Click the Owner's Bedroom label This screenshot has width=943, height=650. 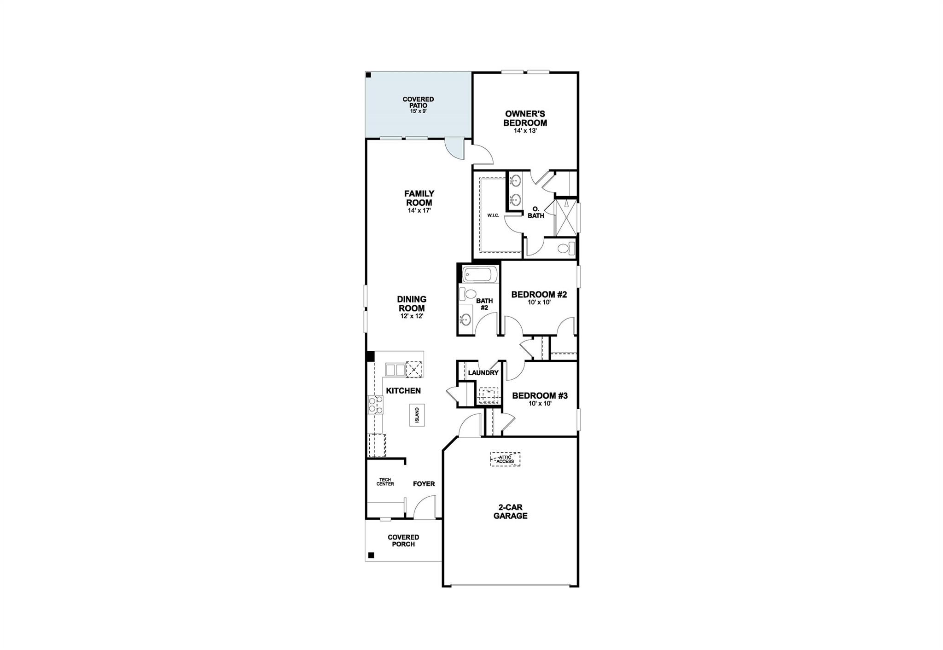pos(525,118)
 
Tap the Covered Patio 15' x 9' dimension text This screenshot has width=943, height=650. pos(418,111)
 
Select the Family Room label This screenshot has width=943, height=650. pos(419,198)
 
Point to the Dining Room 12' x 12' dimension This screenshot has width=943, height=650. pos(412,316)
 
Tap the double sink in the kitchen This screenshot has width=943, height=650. pos(395,369)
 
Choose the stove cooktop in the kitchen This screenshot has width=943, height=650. pos(376,406)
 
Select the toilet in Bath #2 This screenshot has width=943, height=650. pos(469,294)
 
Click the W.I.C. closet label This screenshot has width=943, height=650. pos(493,215)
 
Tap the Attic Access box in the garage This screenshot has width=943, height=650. pos(505,459)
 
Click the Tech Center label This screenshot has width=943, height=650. pos(385,482)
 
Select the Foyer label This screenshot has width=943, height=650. pos(424,484)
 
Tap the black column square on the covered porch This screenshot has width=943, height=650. pos(371,555)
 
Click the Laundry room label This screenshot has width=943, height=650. pos(483,373)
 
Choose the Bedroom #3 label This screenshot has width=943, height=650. pos(540,395)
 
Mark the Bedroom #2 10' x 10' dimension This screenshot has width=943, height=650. pos(539,302)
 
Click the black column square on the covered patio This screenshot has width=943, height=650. pos(368,75)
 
